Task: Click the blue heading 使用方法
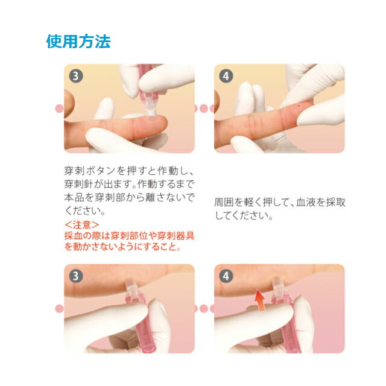click(x=78, y=42)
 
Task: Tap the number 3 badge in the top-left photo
click(x=76, y=76)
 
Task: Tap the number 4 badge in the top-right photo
click(x=226, y=76)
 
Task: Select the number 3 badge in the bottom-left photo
click(x=76, y=276)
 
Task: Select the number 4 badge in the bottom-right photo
click(x=226, y=276)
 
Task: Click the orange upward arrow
click(x=260, y=300)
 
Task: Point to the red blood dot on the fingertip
click(x=300, y=106)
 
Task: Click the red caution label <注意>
click(x=82, y=225)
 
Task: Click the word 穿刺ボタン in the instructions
click(x=90, y=171)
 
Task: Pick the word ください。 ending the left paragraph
click(x=85, y=210)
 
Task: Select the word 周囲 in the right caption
click(x=224, y=203)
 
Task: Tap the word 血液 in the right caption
click(x=306, y=203)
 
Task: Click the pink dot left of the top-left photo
click(x=59, y=109)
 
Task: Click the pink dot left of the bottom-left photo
click(x=59, y=309)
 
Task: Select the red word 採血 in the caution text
click(x=74, y=236)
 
